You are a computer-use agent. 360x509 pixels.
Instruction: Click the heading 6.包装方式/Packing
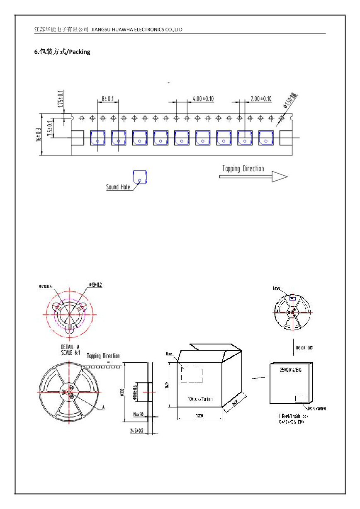[x=62, y=52]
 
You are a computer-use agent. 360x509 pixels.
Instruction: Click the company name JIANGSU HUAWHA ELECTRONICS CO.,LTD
[x=136, y=29]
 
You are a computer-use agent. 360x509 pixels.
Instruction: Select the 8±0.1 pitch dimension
[x=108, y=99]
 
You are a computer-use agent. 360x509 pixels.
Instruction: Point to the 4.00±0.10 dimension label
[x=203, y=99]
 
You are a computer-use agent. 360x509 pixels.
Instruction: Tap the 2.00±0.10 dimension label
[x=261, y=99]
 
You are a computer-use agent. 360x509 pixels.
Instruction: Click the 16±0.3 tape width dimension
[x=38, y=134]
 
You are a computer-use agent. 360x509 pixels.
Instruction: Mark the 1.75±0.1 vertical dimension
[x=61, y=99]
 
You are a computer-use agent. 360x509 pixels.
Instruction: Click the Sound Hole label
[x=118, y=187]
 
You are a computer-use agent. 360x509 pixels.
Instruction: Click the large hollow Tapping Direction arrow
[x=253, y=177]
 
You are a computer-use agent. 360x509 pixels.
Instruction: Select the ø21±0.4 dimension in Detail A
[x=46, y=286]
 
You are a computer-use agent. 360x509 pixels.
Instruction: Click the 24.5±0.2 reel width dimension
[x=136, y=431]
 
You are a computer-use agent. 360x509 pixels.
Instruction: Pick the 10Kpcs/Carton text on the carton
[x=200, y=399]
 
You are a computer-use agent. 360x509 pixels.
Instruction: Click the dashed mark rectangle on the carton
[x=192, y=375]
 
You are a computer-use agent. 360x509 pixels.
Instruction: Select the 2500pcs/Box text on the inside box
[x=290, y=369]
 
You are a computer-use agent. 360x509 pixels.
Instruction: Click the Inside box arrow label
[x=304, y=347]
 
